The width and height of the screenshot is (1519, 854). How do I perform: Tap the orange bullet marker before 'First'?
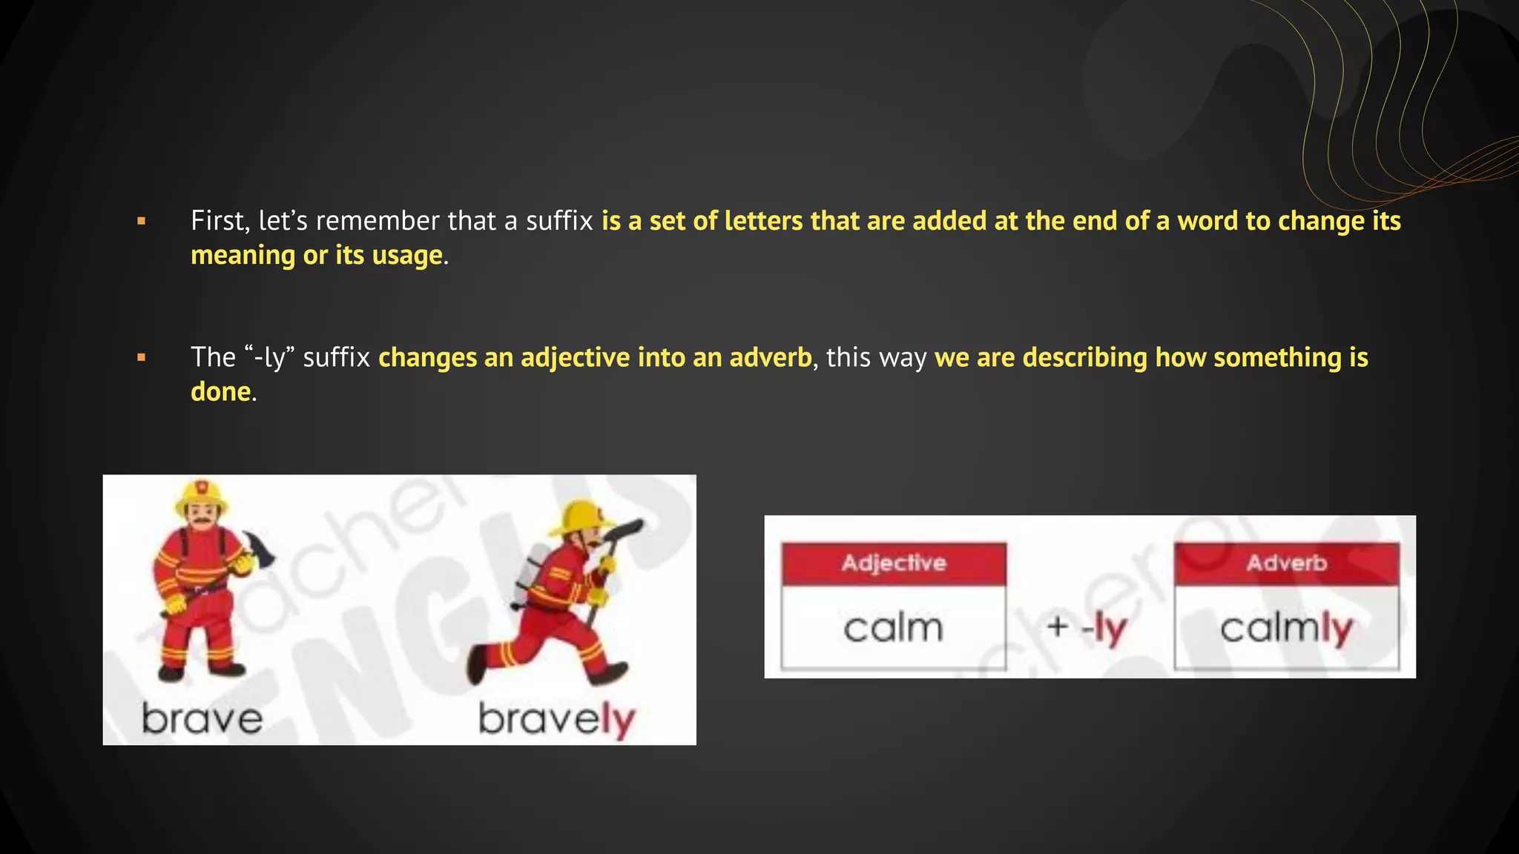(x=142, y=221)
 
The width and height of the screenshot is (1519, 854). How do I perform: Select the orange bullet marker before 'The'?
(x=142, y=357)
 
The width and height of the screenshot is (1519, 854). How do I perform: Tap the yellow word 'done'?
(x=220, y=391)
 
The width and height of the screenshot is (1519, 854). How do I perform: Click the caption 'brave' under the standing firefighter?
(x=202, y=719)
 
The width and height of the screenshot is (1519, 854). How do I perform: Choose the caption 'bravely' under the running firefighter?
(x=557, y=719)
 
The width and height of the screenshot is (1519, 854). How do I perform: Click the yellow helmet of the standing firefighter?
(x=201, y=494)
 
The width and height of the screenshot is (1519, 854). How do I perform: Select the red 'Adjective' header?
(x=893, y=563)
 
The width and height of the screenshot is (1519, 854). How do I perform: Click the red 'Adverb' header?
(x=1286, y=563)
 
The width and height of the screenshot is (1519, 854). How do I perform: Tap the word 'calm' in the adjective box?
(x=893, y=628)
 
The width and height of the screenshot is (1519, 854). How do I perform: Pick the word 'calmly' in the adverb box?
(x=1286, y=629)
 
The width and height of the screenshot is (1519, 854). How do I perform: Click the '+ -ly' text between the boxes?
(x=1087, y=629)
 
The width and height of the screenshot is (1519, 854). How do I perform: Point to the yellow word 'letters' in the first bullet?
(x=763, y=221)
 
